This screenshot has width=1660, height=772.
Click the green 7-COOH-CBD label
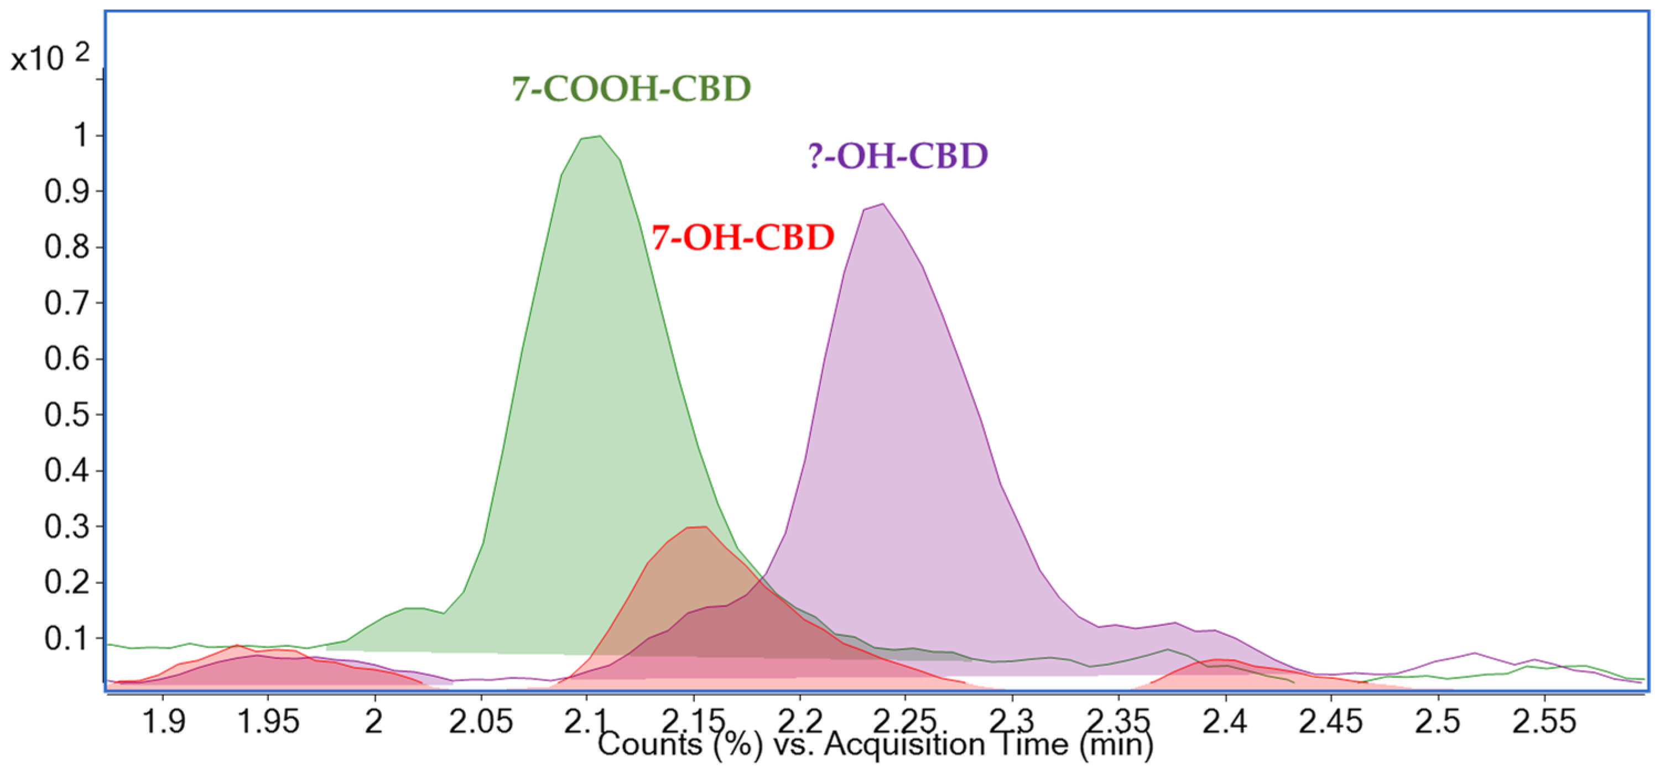tap(631, 89)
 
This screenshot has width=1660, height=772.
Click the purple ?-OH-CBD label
tap(898, 156)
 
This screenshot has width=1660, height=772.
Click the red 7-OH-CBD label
tap(742, 238)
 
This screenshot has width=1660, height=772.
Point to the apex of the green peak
tap(599, 136)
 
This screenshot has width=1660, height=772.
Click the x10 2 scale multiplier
tap(50, 58)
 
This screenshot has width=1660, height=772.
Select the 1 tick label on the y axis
tap(81, 135)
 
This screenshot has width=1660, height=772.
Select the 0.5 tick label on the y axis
tap(66, 414)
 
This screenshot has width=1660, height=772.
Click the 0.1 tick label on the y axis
tap(66, 639)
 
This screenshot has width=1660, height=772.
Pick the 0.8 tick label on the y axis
tap(66, 247)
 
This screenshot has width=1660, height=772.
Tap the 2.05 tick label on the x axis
tap(481, 721)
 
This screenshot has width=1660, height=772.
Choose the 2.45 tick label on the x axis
tap(1331, 721)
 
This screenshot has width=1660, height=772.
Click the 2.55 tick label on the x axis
tap(1544, 721)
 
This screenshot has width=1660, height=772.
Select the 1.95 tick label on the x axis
tap(268, 721)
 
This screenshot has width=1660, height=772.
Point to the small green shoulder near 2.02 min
tap(413, 608)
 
